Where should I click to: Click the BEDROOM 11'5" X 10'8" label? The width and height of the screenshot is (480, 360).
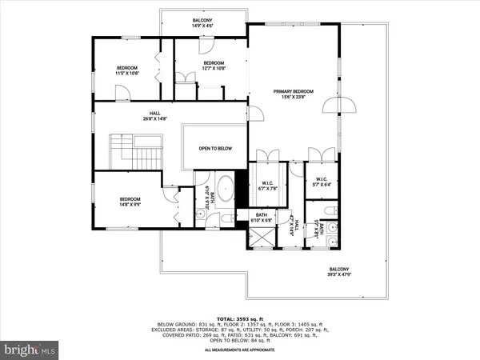(x=127, y=70)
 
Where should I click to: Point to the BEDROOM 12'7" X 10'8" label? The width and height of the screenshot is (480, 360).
(x=214, y=66)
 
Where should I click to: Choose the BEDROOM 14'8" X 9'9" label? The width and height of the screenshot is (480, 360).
(x=130, y=202)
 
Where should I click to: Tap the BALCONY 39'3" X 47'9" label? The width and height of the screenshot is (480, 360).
(x=339, y=271)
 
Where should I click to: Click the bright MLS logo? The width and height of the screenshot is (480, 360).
(x=30, y=350)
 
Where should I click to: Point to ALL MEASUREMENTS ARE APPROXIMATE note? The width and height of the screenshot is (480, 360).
(x=239, y=350)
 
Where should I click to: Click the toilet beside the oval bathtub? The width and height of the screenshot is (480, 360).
(x=226, y=217)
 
